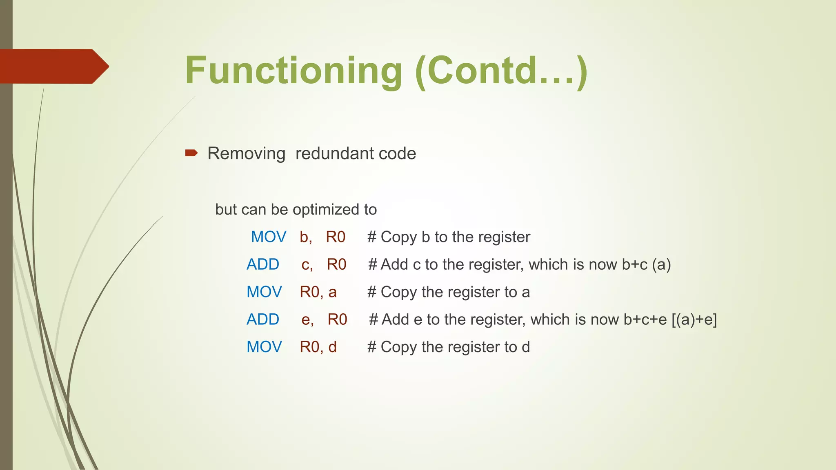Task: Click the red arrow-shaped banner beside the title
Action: coord(53,67)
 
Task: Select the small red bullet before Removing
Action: coord(191,153)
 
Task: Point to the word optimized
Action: coord(327,210)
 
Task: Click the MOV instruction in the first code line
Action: coord(268,237)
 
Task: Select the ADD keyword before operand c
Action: coord(263,264)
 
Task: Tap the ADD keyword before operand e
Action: coord(263,319)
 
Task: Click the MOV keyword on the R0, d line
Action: coord(264,347)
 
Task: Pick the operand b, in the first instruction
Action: coord(306,237)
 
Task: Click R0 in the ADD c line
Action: coord(336,264)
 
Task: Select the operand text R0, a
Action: coord(318,292)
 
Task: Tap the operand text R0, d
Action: coord(318,347)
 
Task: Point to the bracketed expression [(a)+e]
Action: coord(694,319)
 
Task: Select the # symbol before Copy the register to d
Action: coord(371,347)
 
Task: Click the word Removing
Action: coord(246,154)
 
